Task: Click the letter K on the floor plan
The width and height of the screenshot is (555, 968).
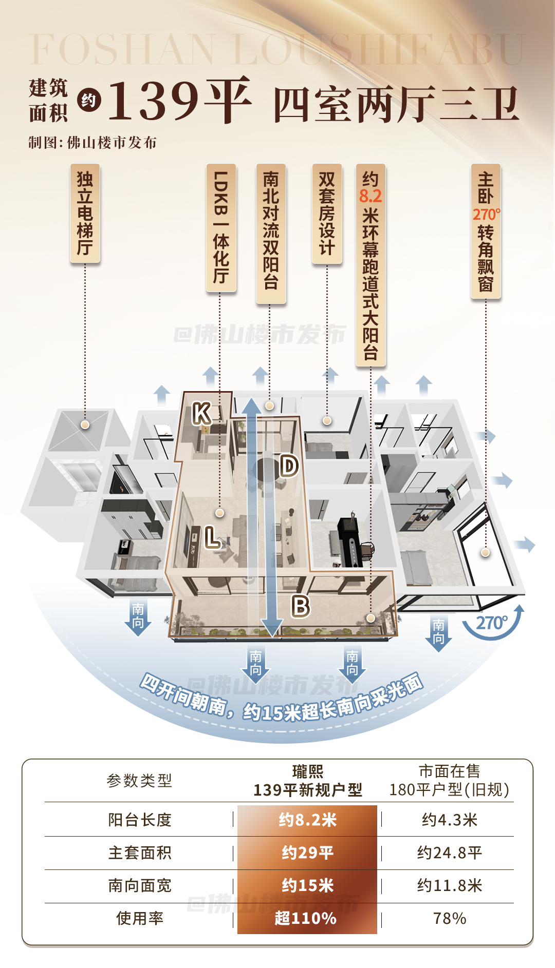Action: point(201,413)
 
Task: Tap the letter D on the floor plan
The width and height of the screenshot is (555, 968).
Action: point(289,466)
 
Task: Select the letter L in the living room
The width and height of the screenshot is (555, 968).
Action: point(212,537)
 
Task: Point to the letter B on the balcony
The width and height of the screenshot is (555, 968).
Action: point(301,606)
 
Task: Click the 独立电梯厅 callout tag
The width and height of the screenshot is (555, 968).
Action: point(85,213)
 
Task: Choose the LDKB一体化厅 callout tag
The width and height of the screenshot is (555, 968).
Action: point(221,227)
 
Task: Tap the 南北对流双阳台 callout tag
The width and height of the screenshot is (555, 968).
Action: point(271,233)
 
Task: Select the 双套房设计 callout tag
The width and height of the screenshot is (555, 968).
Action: point(327,214)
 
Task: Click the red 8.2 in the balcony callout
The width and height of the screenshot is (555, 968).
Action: point(371,196)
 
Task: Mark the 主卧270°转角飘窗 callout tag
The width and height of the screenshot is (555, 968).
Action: point(486,231)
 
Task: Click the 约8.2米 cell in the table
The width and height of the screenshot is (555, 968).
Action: point(307,820)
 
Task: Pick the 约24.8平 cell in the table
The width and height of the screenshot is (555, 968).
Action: point(449,853)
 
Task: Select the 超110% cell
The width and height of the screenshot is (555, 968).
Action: point(306,918)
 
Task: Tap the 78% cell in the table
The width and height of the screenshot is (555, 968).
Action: point(449,918)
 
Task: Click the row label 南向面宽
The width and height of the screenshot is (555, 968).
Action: point(140,885)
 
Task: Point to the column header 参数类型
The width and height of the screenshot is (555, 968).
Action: point(139,781)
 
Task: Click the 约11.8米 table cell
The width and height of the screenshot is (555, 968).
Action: point(449,885)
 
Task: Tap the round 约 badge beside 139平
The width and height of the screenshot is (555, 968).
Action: point(89,100)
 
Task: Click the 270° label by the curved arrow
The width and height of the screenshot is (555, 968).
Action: point(491,623)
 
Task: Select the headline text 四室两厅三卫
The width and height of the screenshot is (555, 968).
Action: point(396,105)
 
